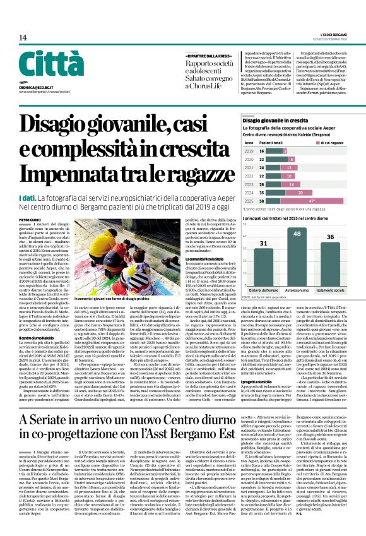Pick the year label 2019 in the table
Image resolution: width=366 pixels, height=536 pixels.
click(249, 152)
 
